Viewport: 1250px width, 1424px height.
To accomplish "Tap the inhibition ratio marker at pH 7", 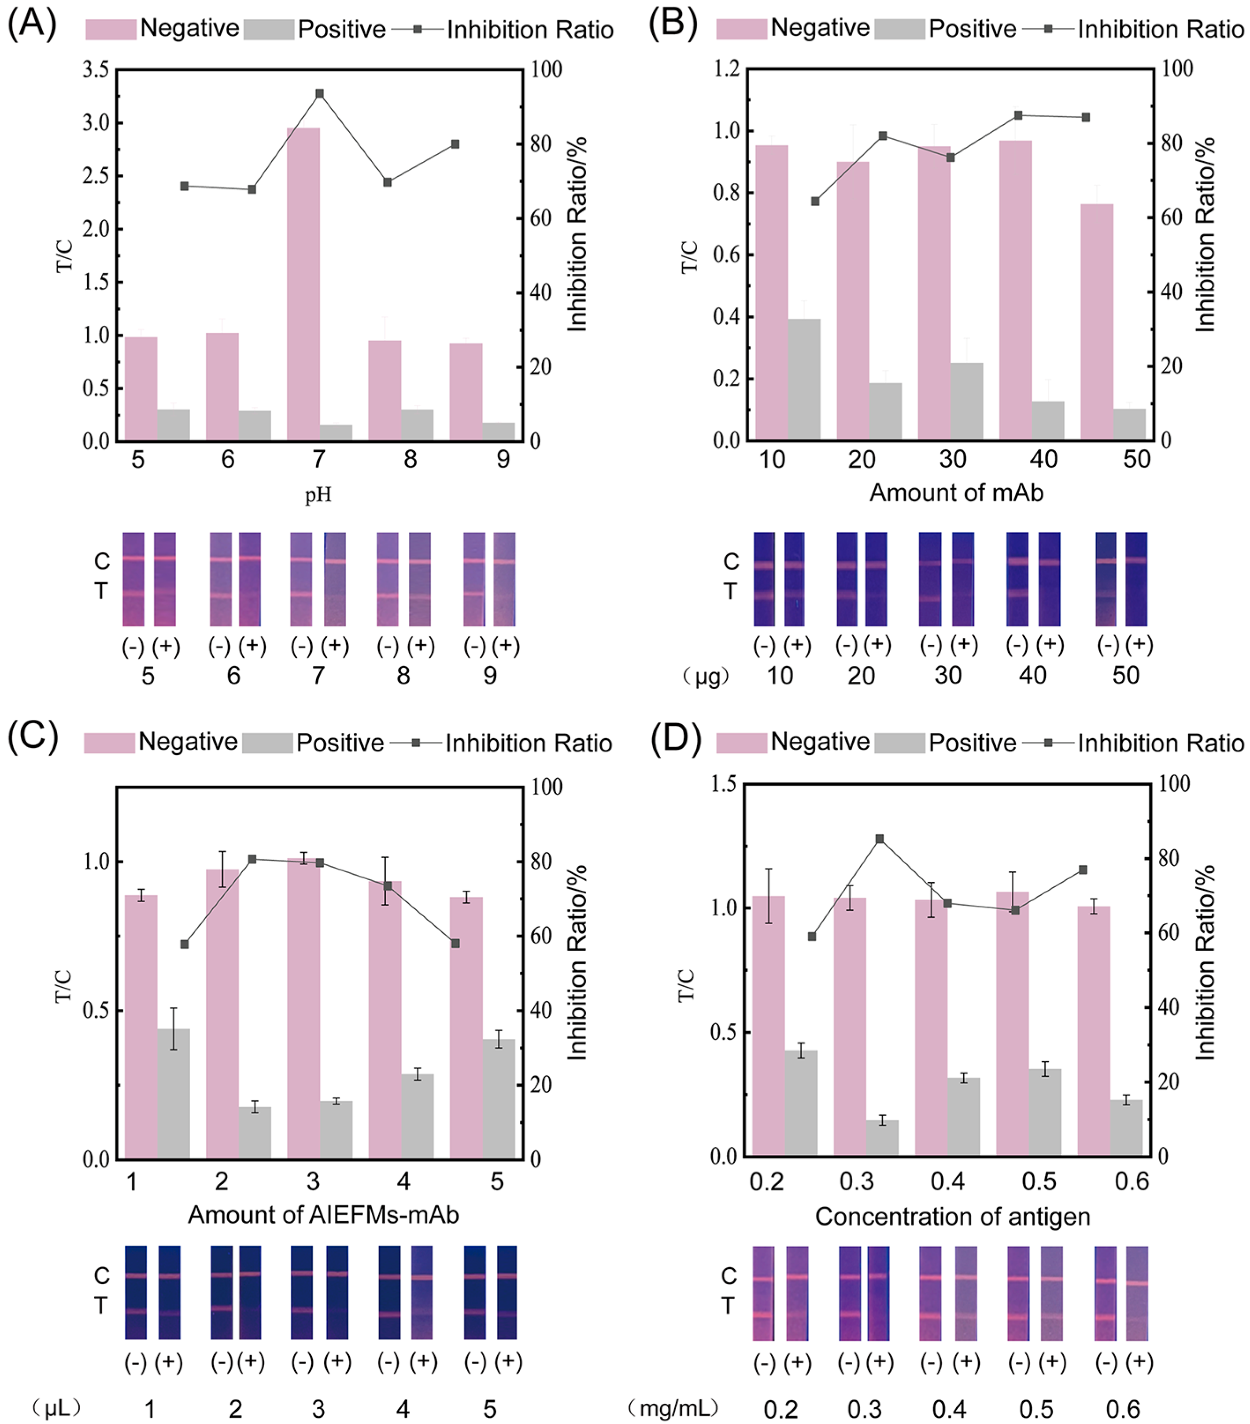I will point(320,93).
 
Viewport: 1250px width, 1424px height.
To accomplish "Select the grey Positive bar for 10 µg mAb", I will point(804,379).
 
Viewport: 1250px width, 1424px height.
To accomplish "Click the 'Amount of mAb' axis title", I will point(955,493).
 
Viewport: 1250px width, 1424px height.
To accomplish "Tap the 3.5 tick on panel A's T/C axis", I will point(96,70).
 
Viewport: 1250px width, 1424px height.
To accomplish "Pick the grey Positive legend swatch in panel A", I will point(269,29).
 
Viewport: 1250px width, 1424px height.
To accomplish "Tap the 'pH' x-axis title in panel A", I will point(318,494).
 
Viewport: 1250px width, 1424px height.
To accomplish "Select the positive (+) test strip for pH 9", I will point(505,579).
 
